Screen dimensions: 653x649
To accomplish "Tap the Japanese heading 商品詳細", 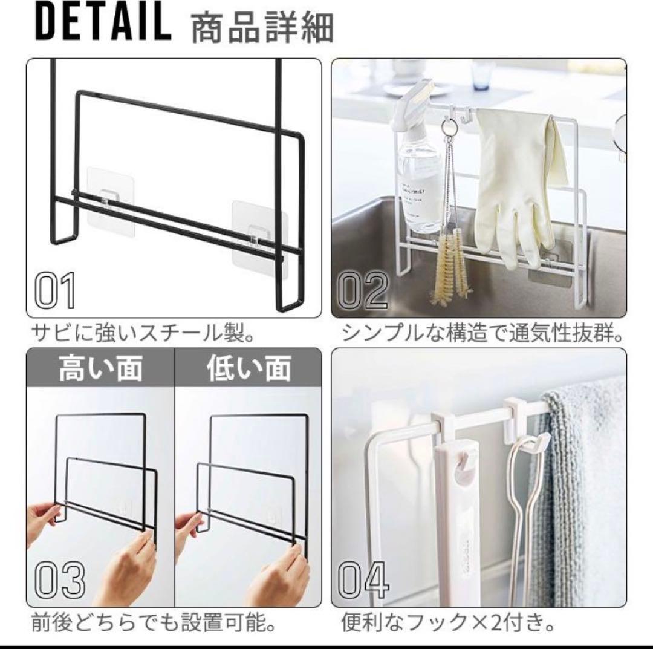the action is click(x=262, y=28).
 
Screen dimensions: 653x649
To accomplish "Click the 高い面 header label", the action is click(x=100, y=368).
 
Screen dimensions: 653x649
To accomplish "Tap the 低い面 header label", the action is click(x=249, y=368).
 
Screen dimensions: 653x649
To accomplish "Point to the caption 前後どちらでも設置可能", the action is click(x=154, y=624).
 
